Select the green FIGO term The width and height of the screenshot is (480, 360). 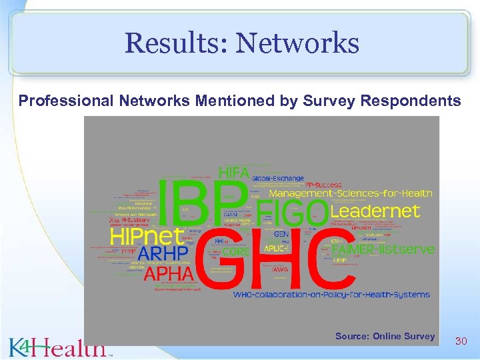[x=292, y=213]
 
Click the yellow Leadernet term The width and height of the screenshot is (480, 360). [x=375, y=211]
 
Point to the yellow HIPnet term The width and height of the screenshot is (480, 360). [x=147, y=236]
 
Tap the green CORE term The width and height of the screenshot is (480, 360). [x=235, y=252]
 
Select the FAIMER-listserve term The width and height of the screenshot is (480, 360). [x=383, y=249]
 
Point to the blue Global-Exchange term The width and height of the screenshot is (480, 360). [x=277, y=179]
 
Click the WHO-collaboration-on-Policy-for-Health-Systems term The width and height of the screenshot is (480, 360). [x=331, y=294]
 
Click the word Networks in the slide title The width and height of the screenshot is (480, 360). [x=297, y=43]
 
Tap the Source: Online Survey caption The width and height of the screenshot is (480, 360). [x=385, y=336]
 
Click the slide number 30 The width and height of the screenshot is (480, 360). [x=461, y=341]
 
